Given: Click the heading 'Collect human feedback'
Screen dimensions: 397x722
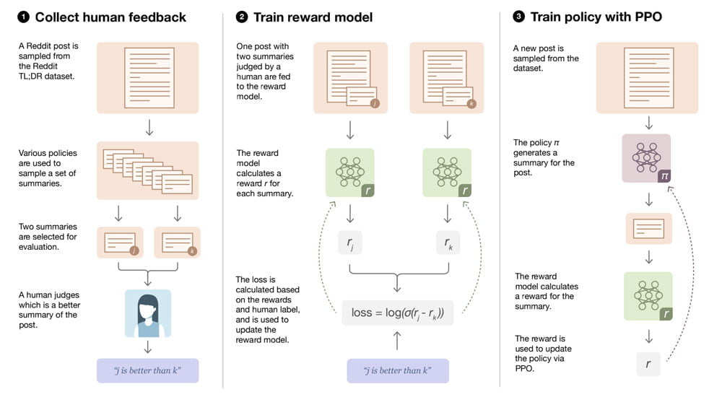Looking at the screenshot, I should pyautogui.click(x=110, y=17).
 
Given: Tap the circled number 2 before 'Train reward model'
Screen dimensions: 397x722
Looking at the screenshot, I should pyautogui.click(x=242, y=17).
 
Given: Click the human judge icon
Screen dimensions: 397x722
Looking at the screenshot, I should pyautogui.click(x=148, y=313).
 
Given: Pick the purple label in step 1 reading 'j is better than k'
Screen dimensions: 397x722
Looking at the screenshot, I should pyautogui.click(x=147, y=370).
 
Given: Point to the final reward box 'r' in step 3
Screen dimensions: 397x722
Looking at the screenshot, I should pyautogui.click(x=647, y=364).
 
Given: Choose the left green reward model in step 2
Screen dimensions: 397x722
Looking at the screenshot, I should pyautogui.click(x=349, y=173).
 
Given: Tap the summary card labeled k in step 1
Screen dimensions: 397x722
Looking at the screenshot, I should pyautogui.click(x=176, y=243).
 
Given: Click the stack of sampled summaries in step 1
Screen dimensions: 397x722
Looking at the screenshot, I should pyautogui.click(x=147, y=170).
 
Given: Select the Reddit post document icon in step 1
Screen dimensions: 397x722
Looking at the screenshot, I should pyautogui.click(x=147, y=77).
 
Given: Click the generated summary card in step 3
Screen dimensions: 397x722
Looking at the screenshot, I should pyautogui.click(x=647, y=229).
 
